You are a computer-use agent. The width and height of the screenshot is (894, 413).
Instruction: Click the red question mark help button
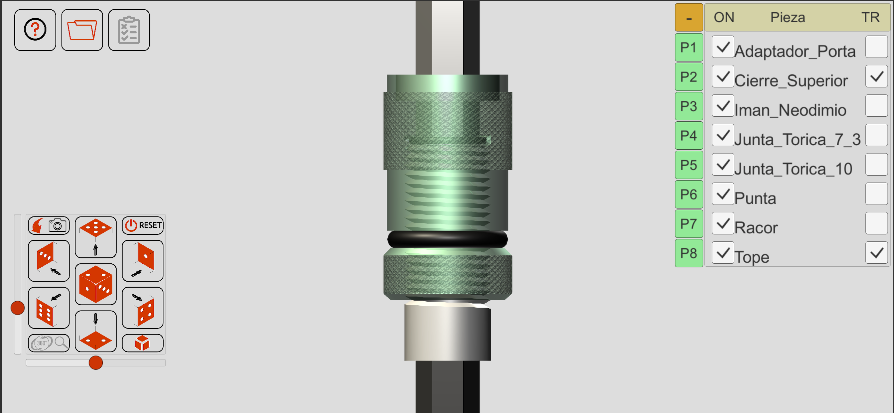pyautogui.click(x=35, y=30)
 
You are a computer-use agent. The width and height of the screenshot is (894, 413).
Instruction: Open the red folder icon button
pyautogui.click(x=82, y=30)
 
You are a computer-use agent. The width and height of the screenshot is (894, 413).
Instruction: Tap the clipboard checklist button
pyautogui.click(x=129, y=30)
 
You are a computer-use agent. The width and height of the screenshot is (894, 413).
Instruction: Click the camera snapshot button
pyautogui.click(x=49, y=225)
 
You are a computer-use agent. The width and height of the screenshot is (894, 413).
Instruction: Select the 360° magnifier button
pyautogui.click(x=49, y=343)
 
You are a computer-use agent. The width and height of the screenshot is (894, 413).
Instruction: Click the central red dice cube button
pyautogui.click(x=96, y=284)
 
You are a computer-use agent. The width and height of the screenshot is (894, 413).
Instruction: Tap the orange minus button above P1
pyautogui.click(x=689, y=18)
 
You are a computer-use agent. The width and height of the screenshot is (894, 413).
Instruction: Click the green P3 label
pyautogui.click(x=689, y=106)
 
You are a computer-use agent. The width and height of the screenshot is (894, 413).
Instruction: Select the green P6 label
pyautogui.click(x=689, y=194)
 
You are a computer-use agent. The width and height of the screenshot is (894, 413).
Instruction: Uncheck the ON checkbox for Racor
pyautogui.click(x=723, y=223)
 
